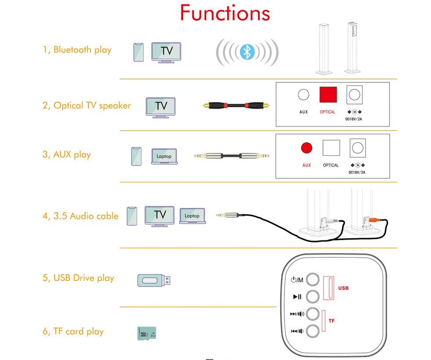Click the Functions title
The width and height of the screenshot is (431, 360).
pyautogui.click(x=225, y=13)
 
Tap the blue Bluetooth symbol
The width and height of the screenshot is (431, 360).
pyautogui.click(x=248, y=53)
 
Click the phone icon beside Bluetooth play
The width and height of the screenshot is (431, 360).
pyautogui.click(x=139, y=52)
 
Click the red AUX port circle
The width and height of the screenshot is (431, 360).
pyautogui.click(x=306, y=148)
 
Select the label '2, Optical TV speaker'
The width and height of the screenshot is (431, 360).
pyautogui.click(x=86, y=105)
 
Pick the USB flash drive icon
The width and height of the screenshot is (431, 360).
pyautogui.click(x=154, y=280)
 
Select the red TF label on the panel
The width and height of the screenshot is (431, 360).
pyautogui.click(x=331, y=321)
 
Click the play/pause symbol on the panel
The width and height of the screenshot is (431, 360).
pyautogui.click(x=297, y=297)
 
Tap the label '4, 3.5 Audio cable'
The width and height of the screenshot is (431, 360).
pyautogui.click(x=80, y=216)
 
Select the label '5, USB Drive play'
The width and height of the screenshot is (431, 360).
pyautogui.click(x=78, y=278)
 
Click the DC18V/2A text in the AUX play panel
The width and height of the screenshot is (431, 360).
pyautogui.click(x=357, y=173)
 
